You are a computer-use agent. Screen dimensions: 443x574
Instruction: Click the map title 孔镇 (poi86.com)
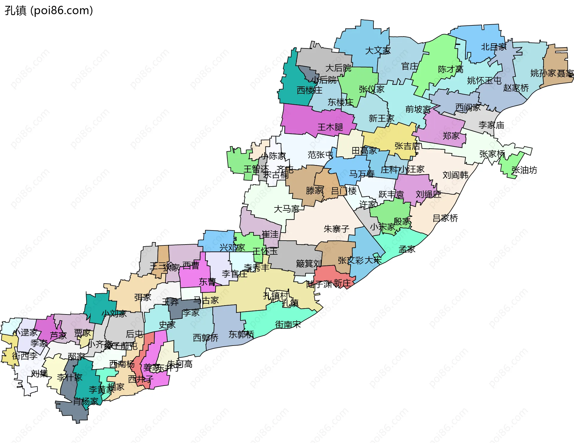(x=49, y=11)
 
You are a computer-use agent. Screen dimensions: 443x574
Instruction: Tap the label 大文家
(x=378, y=51)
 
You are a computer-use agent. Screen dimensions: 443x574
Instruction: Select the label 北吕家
(x=494, y=47)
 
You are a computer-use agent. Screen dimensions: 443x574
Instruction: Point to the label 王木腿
(x=330, y=127)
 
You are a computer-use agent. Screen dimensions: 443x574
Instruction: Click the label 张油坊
(x=524, y=170)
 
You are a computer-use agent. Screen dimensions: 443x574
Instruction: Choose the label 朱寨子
(x=336, y=229)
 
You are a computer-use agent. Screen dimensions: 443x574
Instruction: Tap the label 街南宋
(x=288, y=324)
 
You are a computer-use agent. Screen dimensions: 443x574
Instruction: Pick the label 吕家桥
(x=445, y=218)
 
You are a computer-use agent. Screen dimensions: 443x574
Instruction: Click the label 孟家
(x=407, y=249)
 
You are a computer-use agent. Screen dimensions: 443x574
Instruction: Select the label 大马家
(x=286, y=209)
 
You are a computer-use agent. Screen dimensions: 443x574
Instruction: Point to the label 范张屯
(x=320, y=155)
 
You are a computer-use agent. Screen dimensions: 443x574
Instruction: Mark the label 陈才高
(x=450, y=69)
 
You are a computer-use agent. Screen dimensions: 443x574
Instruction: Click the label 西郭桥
(x=205, y=338)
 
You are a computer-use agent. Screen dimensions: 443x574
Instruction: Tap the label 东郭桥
(x=241, y=334)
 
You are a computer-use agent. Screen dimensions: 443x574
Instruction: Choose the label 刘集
(x=39, y=373)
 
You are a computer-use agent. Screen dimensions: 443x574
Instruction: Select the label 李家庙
(x=491, y=125)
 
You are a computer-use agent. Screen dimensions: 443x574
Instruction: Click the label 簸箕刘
(x=309, y=263)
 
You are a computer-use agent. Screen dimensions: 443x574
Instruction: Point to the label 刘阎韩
(x=455, y=175)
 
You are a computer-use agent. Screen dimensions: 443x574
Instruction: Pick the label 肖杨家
(x=86, y=401)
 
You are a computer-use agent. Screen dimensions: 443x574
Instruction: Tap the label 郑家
(x=451, y=136)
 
